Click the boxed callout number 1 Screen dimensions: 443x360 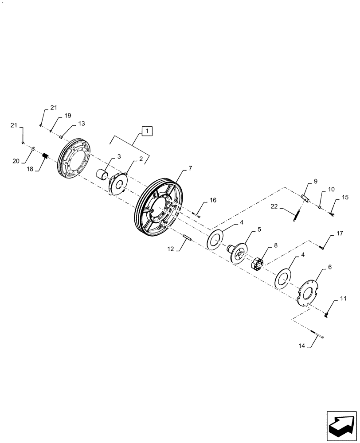(x=147, y=131)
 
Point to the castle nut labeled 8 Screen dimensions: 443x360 (x=257, y=264)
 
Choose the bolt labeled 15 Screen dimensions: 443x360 (x=333, y=215)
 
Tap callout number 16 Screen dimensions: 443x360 (x=213, y=200)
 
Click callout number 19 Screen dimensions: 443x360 (x=67, y=116)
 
